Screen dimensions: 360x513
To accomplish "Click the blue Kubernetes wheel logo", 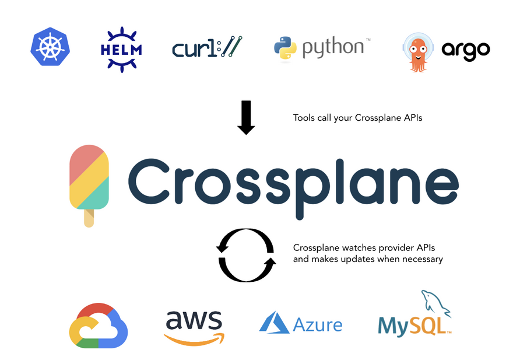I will point(50,47).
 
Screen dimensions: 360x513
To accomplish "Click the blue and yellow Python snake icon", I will point(285,48).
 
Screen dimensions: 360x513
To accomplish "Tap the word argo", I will point(465,51).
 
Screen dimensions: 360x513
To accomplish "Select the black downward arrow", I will point(247,117).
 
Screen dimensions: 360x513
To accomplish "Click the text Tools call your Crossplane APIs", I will point(357,118).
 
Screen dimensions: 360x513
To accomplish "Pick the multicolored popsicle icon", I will point(89,177).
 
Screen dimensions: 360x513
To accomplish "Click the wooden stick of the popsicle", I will point(89,218).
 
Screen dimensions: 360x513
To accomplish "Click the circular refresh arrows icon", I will point(245,256).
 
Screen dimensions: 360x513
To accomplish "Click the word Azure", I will point(318,324).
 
